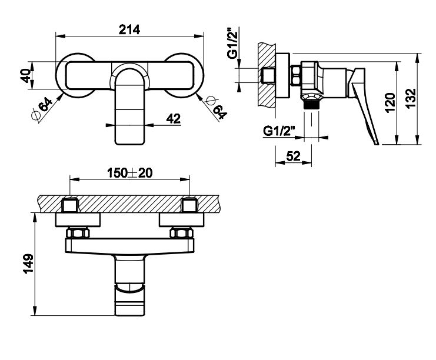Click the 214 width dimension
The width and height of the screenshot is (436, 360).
[x=129, y=29]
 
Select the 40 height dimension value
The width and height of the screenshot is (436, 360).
[x=26, y=75]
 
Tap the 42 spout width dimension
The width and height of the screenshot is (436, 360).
[x=173, y=119]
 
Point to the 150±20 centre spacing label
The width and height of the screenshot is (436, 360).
[x=130, y=173]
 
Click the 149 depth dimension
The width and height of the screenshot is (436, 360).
[x=28, y=264]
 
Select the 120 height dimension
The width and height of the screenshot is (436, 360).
[x=390, y=102]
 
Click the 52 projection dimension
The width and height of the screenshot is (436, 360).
[x=294, y=156]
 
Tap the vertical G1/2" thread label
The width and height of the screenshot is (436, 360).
[x=233, y=43]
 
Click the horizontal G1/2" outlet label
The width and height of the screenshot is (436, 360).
[x=279, y=131]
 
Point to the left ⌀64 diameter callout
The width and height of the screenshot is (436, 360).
[x=42, y=109]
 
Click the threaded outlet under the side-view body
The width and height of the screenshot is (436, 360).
[x=311, y=105]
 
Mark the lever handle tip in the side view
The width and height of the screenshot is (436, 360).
[x=377, y=143]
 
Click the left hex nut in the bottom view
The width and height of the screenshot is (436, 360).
[x=78, y=233]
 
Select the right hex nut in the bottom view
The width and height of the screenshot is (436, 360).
[x=182, y=233]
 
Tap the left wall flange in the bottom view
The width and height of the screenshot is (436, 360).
[x=78, y=220]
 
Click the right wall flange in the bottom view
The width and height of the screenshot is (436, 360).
[x=182, y=220]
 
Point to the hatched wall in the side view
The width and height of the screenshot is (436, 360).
[x=267, y=75]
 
